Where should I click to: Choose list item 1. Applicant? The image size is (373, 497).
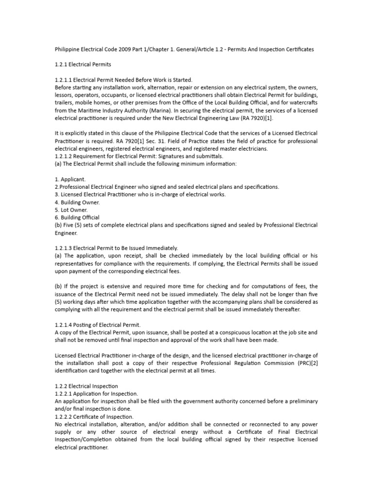point(70,179)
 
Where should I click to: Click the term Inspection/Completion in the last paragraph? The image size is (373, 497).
point(88,439)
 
